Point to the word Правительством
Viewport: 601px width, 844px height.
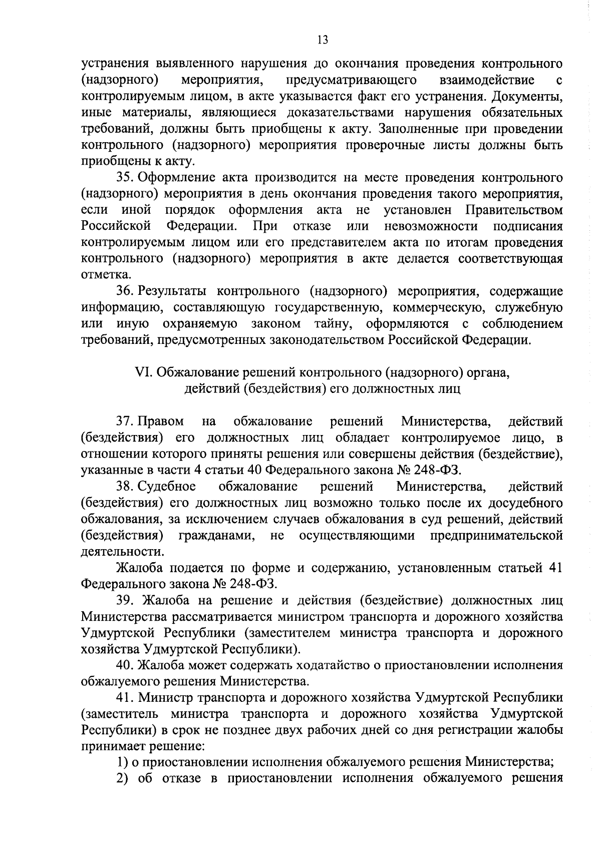tap(514, 210)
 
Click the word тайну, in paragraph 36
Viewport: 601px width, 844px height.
tap(333, 324)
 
